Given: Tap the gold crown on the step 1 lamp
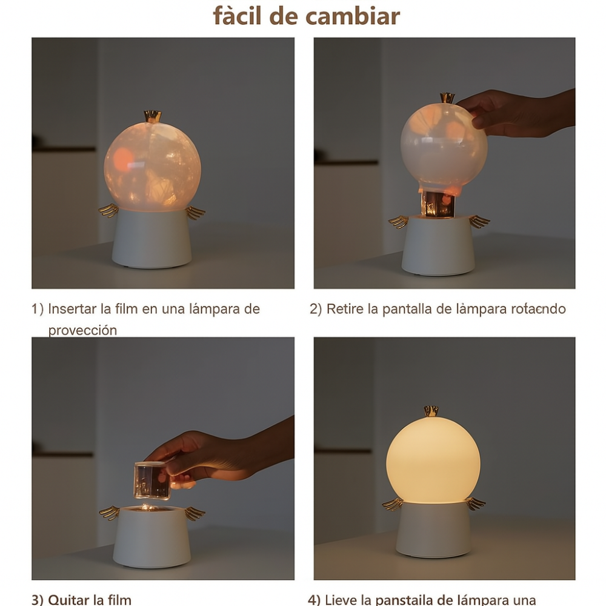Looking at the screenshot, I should click(x=152, y=116).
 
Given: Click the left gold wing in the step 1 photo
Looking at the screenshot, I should click(x=108, y=210).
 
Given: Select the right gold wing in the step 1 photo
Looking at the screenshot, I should click(x=195, y=212).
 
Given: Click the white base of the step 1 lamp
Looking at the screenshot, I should click(x=152, y=239).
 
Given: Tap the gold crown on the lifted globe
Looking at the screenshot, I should click(x=447, y=98).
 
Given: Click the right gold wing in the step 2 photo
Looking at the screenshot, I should click(x=479, y=221).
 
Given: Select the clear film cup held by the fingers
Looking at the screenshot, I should click(x=151, y=480).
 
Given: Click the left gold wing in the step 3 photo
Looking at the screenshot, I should click(x=110, y=513).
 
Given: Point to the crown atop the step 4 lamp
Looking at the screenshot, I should click(x=431, y=411).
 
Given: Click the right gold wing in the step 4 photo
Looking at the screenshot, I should click(x=475, y=503).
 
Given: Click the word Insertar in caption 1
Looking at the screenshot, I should click(x=73, y=308).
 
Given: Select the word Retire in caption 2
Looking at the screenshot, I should click(x=344, y=308).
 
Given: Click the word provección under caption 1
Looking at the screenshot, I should click(x=82, y=330).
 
